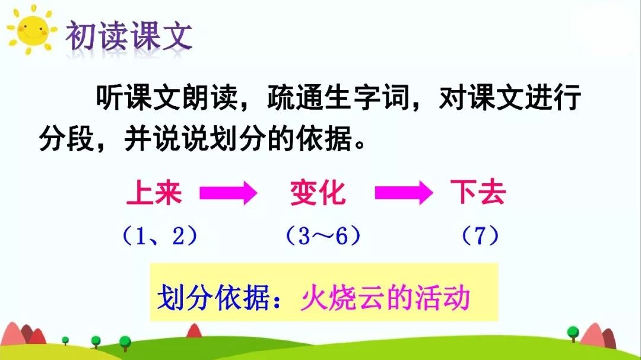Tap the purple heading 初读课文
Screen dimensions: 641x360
tap(129, 36)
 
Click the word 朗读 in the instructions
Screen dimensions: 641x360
tap(210, 97)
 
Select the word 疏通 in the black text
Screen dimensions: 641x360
tap(295, 97)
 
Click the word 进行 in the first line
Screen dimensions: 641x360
tap(553, 97)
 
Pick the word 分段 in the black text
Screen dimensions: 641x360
tap(66, 139)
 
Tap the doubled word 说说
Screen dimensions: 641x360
tap(180, 139)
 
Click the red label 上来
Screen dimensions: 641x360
tap(154, 193)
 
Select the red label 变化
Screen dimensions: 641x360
tap(318, 193)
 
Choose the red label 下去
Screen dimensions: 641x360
tap(478, 192)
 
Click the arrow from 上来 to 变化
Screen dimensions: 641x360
tap(228, 193)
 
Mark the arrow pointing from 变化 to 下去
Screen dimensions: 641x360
tap(404, 193)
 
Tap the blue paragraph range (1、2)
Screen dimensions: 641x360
tap(160, 236)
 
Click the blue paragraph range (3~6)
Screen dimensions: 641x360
tap(323, 236)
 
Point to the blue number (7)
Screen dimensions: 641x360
tap(480, 236)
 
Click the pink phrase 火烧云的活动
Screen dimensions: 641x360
tap(385, 298)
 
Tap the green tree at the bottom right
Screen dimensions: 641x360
tap(573, 333)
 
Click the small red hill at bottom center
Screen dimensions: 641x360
tap(194, 331)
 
